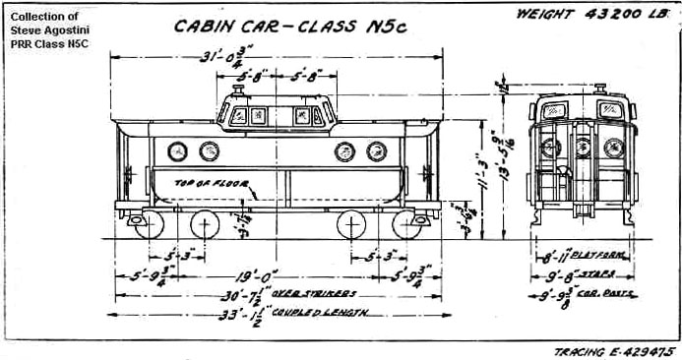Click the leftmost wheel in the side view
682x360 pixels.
tap(150, 225)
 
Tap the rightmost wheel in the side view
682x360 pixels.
tap(405, 225)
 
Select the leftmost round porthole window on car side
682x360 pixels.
tap(177, 151)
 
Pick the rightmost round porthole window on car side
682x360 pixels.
tap(377, 151)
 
